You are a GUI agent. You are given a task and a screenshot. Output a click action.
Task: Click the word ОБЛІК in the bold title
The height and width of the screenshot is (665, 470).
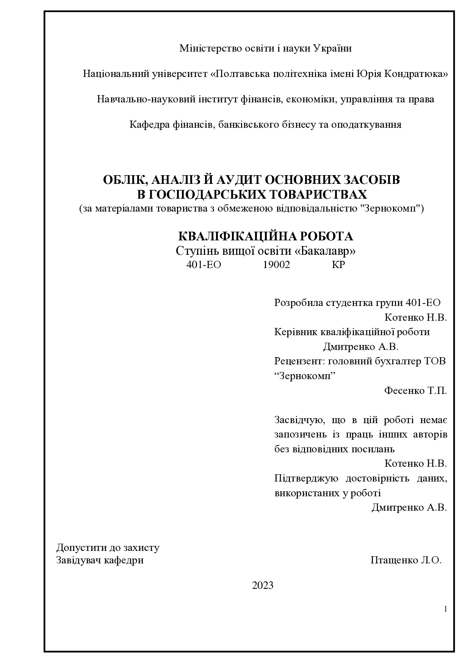pos(122,180)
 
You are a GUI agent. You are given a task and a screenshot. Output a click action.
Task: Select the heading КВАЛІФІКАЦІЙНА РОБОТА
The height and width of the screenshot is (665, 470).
pos(265,236)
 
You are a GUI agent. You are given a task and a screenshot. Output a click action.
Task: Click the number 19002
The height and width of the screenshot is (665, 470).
pos(276,265)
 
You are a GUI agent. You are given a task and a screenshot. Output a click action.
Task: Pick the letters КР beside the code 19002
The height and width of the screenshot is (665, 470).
pos(338,265)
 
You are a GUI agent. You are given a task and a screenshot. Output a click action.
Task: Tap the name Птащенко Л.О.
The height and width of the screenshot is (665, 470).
pos(406,560)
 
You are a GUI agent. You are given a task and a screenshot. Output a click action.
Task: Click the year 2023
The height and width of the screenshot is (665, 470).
pos(263,585)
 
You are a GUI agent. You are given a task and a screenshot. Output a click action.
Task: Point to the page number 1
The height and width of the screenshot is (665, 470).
pos(445,609)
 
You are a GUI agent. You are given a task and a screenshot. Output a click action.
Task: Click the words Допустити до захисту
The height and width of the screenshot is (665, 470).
pos(108,547)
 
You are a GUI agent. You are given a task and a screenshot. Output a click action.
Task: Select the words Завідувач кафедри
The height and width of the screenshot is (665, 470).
pos(100,560)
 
